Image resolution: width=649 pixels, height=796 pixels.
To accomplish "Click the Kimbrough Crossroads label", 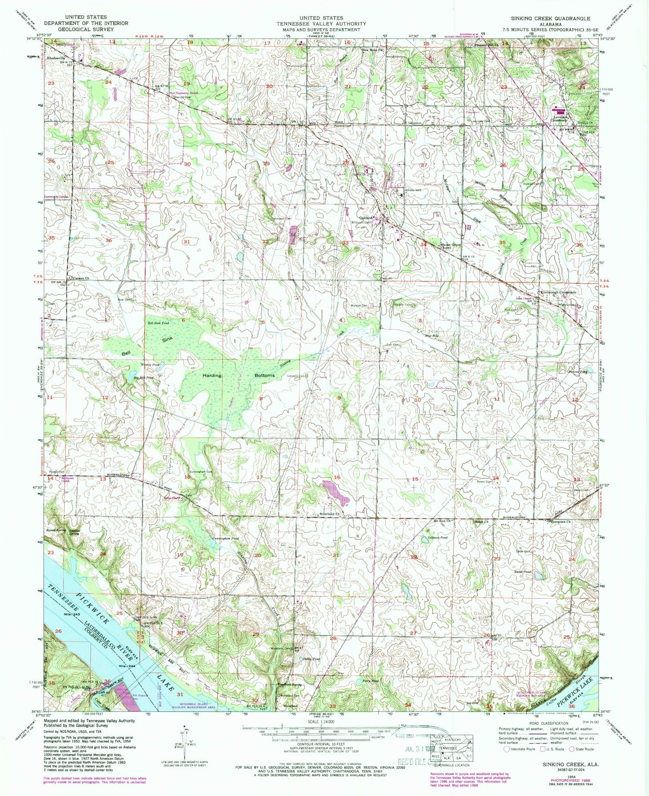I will point(558,292).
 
